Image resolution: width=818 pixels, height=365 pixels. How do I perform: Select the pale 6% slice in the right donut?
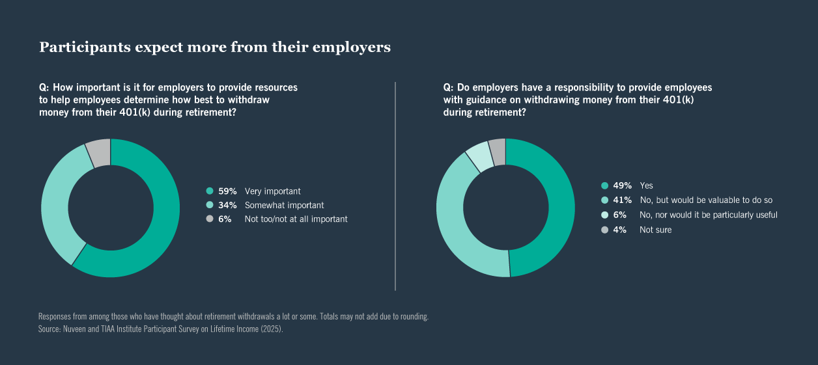(x=479, y=157)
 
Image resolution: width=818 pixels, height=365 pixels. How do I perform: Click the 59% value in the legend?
(x=227, y=191)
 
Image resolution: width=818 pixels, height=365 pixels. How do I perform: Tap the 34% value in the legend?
(x=227, y=206)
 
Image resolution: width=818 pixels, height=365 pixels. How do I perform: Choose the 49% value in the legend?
(x=622, y=185)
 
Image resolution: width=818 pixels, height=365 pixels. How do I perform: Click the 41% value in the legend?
(x=622, y=200)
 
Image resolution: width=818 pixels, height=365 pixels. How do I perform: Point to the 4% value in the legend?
(x=620, y=230)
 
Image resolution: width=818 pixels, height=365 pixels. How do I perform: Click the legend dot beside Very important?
(x=210, y=191)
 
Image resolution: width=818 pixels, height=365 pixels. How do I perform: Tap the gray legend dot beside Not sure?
(x=605, y=230)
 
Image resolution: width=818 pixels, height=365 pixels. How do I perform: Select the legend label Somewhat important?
(x=284, y=206)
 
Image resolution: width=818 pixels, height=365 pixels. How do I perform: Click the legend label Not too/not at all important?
(x=296, y=219)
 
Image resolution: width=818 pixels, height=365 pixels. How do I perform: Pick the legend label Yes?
(x=646, y=185)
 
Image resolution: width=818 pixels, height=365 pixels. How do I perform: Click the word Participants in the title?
(x=85, y=47)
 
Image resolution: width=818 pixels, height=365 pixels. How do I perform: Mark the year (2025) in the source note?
(x=272, y=329)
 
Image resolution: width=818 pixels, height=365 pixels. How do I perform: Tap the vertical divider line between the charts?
(x=395, y=186)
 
